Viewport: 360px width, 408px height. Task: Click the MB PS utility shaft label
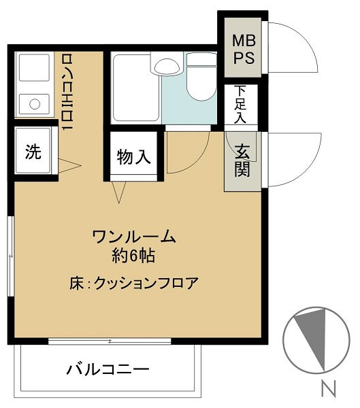coord(244,49)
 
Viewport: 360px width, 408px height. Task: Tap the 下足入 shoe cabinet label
coord(240,104)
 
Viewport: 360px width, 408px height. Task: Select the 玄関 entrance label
coord(242,160)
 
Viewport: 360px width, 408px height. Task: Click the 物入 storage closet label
coord(133,156)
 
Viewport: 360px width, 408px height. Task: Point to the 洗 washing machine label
coord(33,152)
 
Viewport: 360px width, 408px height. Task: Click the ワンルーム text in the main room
coord(134,237)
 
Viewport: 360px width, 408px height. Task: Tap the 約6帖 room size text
coord(133,256)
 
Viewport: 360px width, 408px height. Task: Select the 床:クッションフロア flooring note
coord(134,283)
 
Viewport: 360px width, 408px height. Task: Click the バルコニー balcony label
coord(108,369)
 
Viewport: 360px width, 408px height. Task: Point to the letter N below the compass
coord(328,388)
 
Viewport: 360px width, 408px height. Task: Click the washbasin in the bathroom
coord(167,67)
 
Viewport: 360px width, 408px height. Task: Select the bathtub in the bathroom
coord(135,88)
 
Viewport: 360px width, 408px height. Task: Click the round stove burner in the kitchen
coord(35,104)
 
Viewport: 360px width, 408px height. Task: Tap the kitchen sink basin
coord(34,67)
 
